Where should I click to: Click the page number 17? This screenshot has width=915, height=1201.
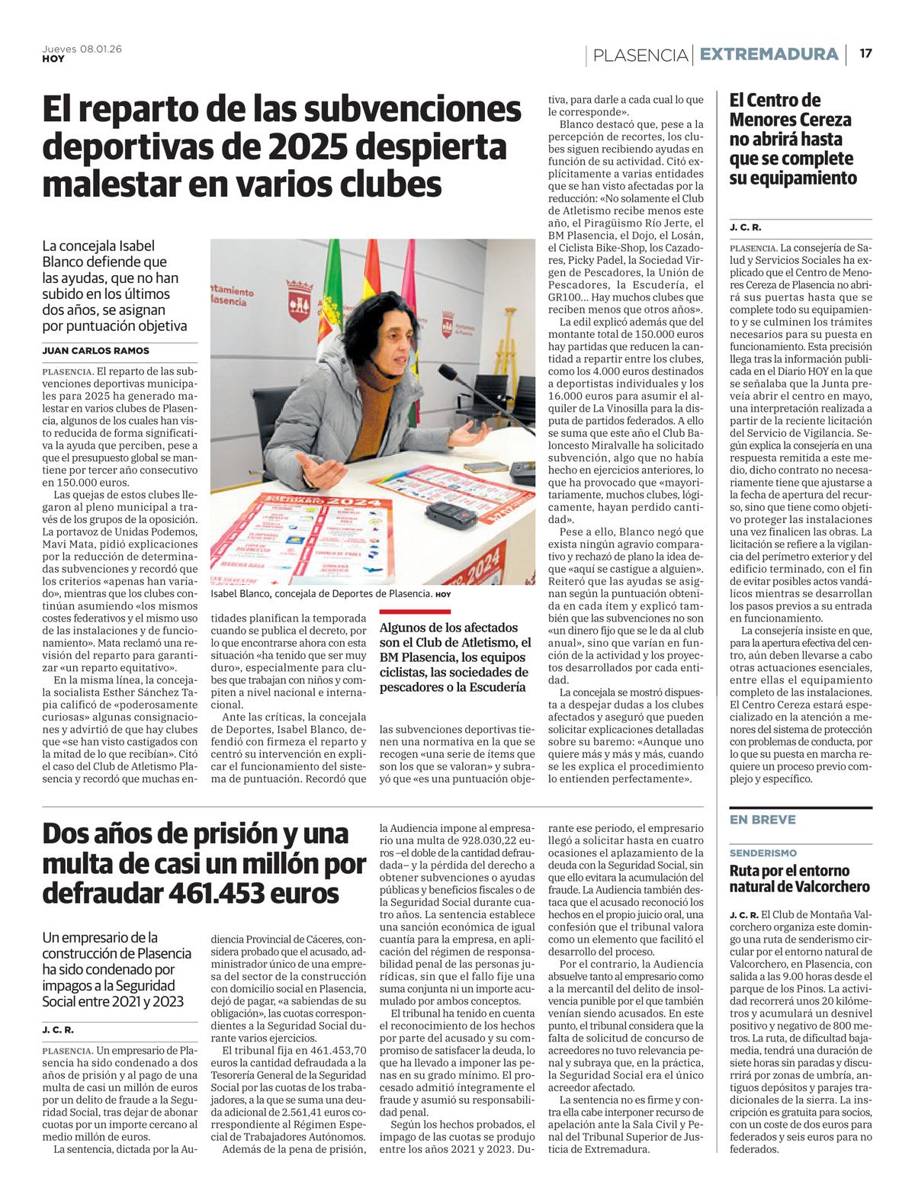(x=865, y=54)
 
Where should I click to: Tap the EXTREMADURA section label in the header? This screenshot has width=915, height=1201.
(x=769, y=55)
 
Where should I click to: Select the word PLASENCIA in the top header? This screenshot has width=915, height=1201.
(x=640, y=55)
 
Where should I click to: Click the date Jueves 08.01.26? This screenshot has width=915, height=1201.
(x=82, y=48)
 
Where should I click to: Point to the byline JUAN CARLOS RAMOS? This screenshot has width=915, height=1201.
(x=96, y=351)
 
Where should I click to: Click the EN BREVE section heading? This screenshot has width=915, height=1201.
(x=762, y=820)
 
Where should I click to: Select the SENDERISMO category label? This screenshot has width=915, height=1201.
(x=763, y=853)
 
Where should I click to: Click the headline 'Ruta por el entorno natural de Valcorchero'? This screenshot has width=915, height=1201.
(x=800, y=878)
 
